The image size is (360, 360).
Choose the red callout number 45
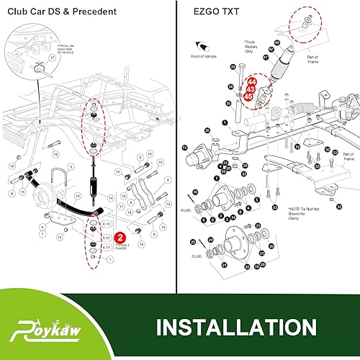(248, 96)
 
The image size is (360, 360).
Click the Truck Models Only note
(251, 46)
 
